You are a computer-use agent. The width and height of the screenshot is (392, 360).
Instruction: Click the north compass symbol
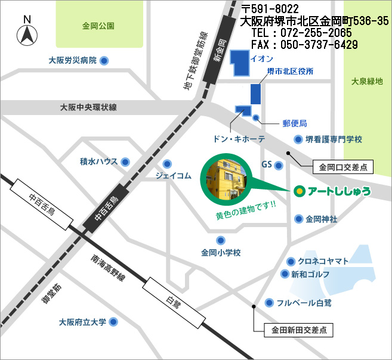[27, 32]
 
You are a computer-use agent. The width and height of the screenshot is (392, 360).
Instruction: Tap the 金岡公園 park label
[98, 26]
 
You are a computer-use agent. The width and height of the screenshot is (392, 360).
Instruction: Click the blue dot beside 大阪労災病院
[104, 60]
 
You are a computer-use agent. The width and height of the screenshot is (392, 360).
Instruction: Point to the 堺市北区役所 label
[290, 72]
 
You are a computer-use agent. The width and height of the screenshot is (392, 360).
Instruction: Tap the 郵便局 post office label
[294, 123]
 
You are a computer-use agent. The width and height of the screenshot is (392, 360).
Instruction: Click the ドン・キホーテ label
[239, 138]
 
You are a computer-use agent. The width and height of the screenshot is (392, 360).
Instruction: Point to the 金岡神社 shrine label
[322, 219]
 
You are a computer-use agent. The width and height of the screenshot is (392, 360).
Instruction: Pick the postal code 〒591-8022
[270, 9]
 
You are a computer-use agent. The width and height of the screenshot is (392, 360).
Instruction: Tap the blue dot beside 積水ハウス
[125, 162]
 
